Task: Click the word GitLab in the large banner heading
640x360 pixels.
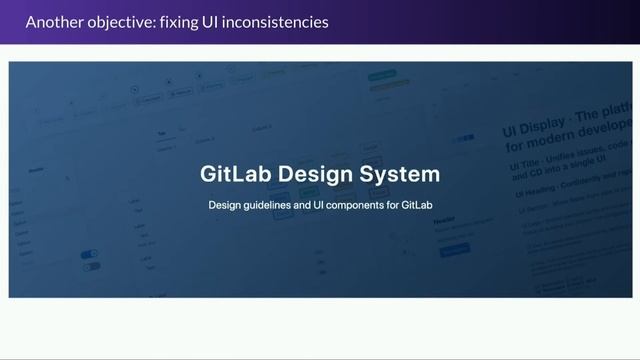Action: click(235, 173)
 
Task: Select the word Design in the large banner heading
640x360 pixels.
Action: click(316, 173)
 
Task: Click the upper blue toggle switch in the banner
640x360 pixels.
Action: click(91, 254)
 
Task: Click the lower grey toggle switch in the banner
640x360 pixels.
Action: click(91, 267)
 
